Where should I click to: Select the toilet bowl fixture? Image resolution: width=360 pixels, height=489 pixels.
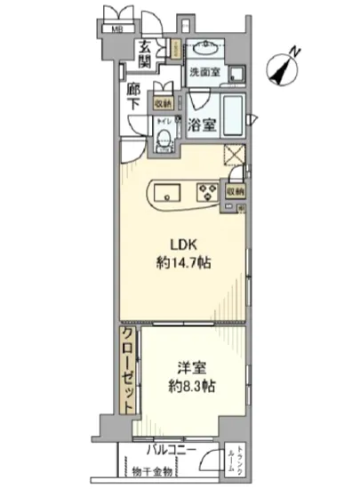(x=164, y=140)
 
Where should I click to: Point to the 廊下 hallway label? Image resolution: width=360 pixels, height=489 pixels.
(x=134, y=96)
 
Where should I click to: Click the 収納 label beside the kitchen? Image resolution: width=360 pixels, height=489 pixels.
(x=234, y=189)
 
